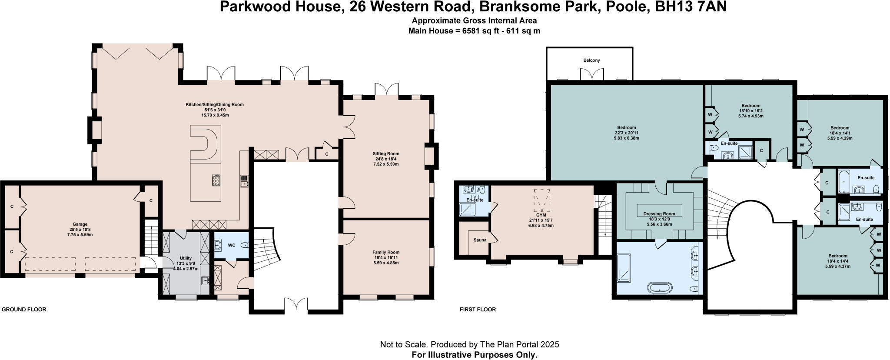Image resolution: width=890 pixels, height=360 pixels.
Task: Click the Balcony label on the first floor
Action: point(591,60)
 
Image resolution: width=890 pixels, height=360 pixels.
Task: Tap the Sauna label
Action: point(480,240)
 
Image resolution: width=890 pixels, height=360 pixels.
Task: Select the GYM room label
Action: point(541,215)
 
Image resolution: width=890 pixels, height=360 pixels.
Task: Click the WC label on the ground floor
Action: point(232,245)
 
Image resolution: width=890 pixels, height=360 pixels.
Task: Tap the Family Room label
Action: point(385,252)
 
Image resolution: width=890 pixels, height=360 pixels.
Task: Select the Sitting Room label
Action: point(385,153)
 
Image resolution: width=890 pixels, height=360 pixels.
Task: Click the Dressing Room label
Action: point(659,214)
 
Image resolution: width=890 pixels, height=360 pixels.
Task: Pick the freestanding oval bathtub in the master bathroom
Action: point(660,287)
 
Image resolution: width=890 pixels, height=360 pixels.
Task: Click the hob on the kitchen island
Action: point(216,180)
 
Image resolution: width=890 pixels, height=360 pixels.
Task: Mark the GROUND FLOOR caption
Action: point(24,310)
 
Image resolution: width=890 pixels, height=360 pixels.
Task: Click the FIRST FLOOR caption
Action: point(478,310)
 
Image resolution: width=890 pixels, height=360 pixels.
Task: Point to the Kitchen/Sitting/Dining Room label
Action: point(215,104)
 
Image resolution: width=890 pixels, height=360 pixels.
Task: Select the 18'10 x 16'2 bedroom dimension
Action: point(751,111)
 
